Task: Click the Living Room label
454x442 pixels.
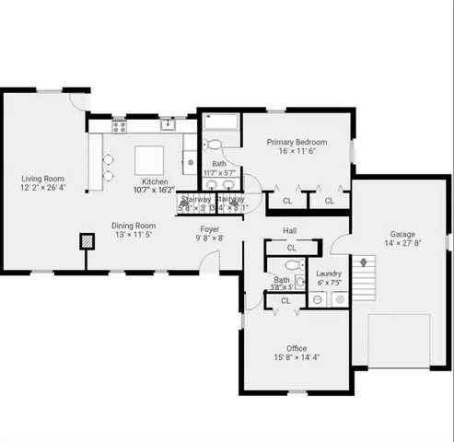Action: click(43, 179)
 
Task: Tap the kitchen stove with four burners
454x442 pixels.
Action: click(120, 125)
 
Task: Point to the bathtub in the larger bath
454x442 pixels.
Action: click(220, 122)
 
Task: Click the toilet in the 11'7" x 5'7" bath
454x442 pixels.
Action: click(212, 145)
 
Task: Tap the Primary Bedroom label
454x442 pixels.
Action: click(297, 142)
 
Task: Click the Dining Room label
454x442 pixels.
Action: click(134, 226)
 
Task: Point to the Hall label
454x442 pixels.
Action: click(289, 230)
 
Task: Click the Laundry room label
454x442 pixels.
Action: click(329, 273)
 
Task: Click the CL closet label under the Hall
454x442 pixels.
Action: click(291, 248)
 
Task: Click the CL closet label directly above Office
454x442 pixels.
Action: click(285, 300)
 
